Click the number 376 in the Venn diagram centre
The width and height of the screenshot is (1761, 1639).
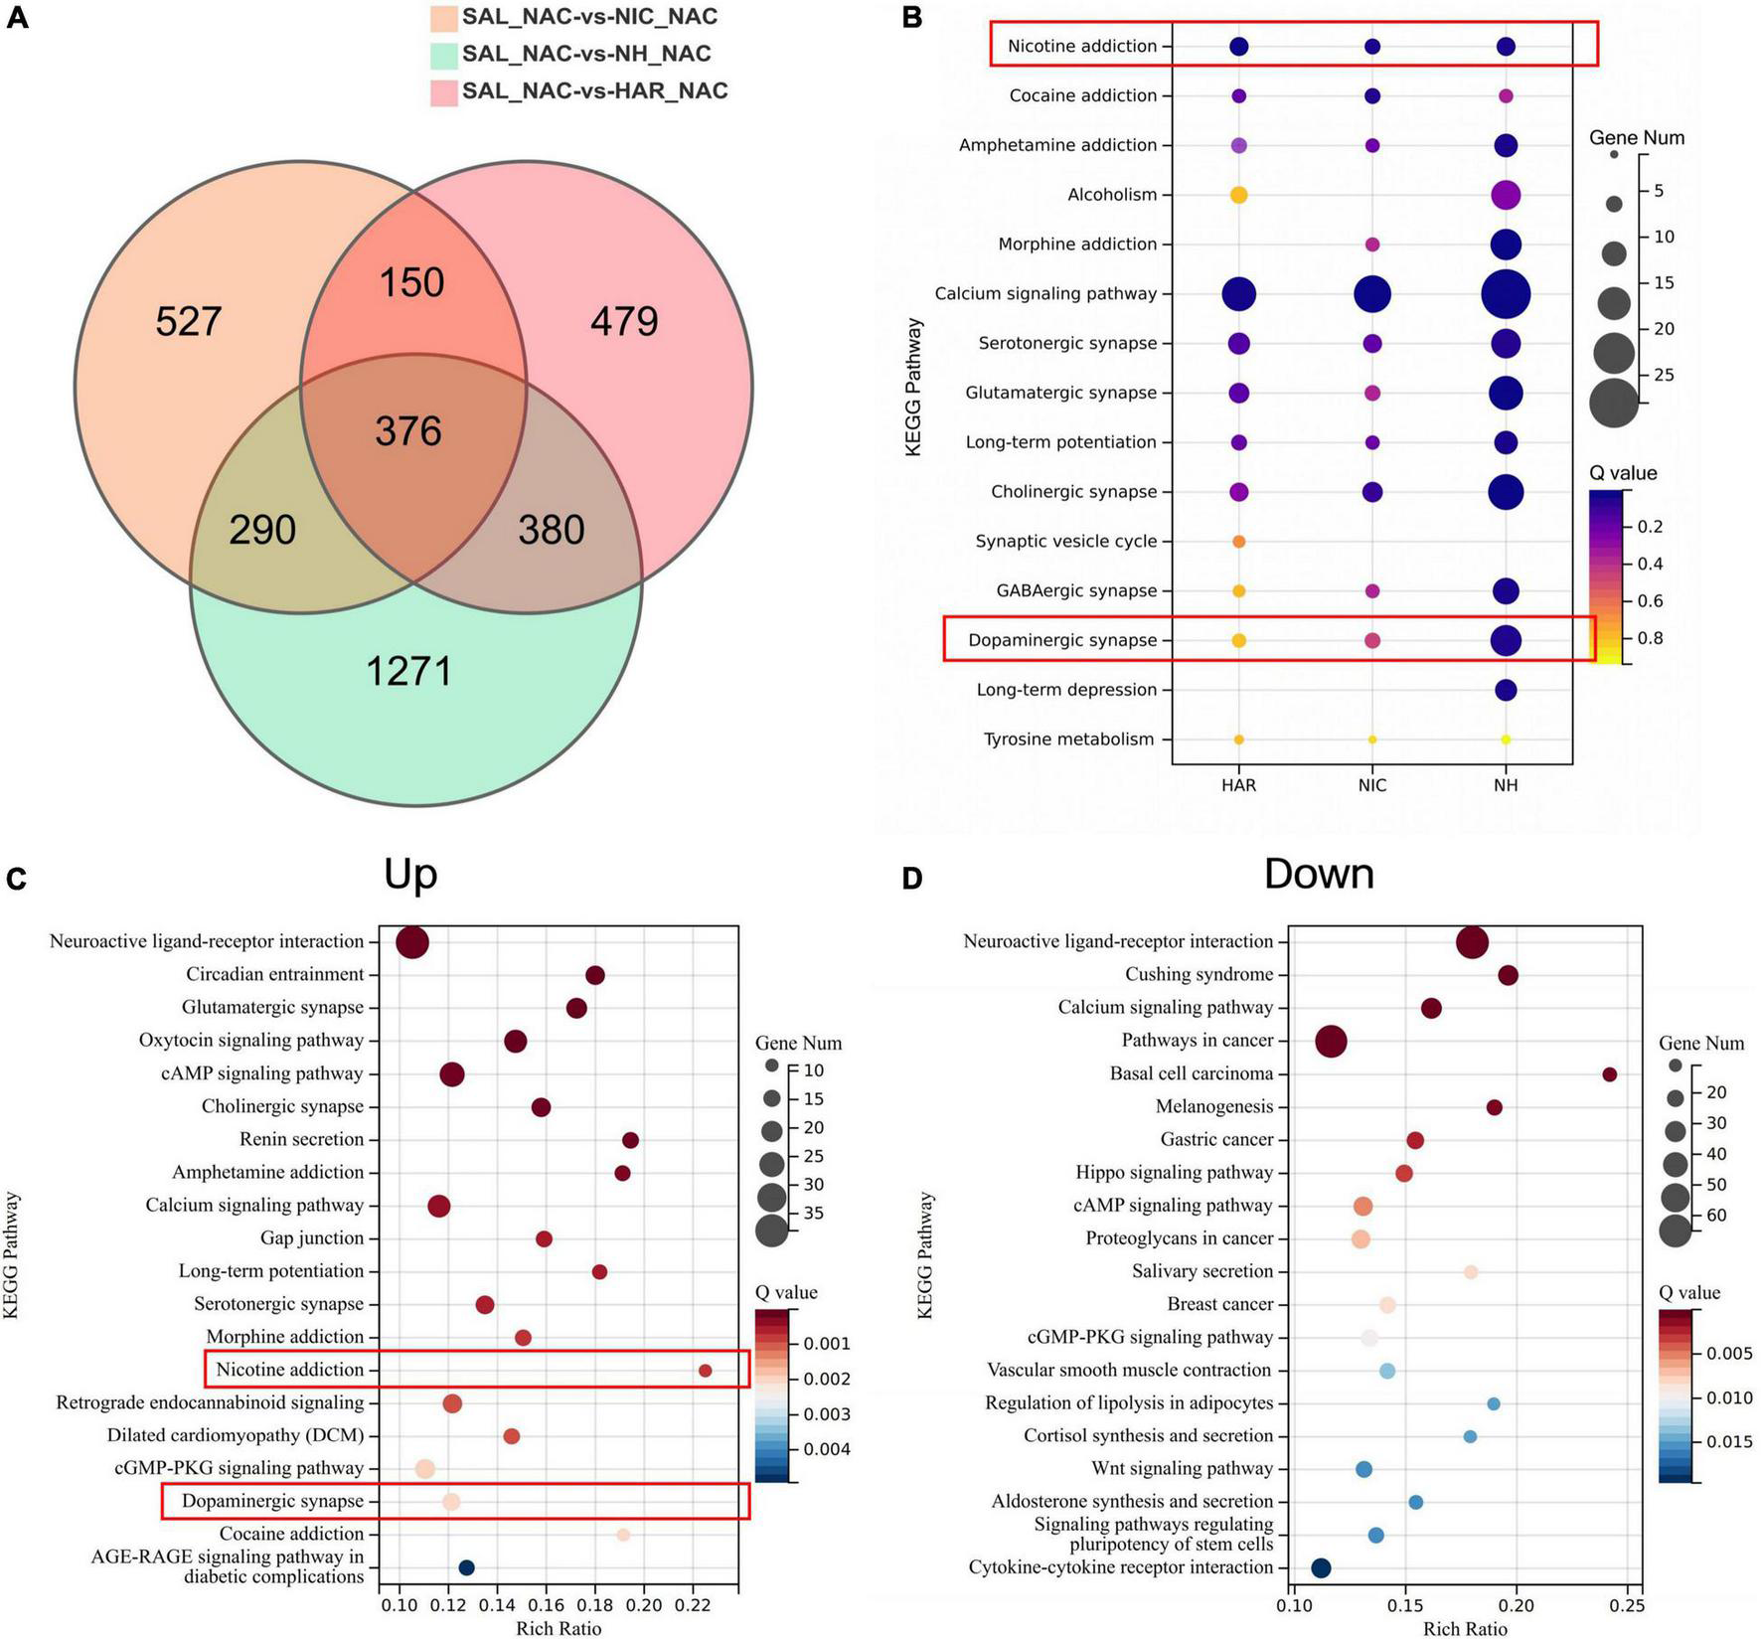pyautogui.click(x=407, y=431)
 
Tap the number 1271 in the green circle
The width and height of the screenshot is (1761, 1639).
pyautogui.click(x=409, y=672)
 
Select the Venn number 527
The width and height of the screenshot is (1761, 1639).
pyautogui.click(x=189, y=322)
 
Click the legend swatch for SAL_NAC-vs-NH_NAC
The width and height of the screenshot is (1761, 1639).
pyautogui.click(x=443, y=55)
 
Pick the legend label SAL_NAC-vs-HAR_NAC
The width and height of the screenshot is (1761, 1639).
pyautogui.click(x=594, y=91)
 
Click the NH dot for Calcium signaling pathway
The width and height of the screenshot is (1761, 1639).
pyautogui.click(x=1506, y=294)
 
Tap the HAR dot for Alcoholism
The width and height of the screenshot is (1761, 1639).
pyautogui.click(x=1238, y=195)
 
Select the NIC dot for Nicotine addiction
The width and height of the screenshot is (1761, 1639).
pyautogui.click(x=1372, y=47)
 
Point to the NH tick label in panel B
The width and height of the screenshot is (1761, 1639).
pyautogui.click(x=1506, y=785)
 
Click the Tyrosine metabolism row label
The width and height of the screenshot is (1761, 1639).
pyautogui.click(x=1068, y=739)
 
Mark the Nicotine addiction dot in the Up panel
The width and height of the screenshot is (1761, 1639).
pyautogui.click(x=705, y=1371)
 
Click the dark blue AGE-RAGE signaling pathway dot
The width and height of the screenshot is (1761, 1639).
pyautogui.click(x=466, y=1567)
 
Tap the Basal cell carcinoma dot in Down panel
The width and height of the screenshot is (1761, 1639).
pyautogui.click(x=1610, y=1074)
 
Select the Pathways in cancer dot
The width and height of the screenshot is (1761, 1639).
pyautogui.click(x=1331, y=1042)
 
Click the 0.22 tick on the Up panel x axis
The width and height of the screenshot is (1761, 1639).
pyautogui.click(x=693, y=1605)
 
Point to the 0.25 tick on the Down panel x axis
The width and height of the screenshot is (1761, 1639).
pyautogui.click(x=1628, y=1605)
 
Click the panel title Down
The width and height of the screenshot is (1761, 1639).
pyautogui.click(x=1319, y=874)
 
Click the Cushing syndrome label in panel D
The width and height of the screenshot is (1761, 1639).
pyautogui.click(x=1199, y=975)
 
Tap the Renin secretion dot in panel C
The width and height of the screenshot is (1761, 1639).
pyautogui.click(x=630, y=1140)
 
